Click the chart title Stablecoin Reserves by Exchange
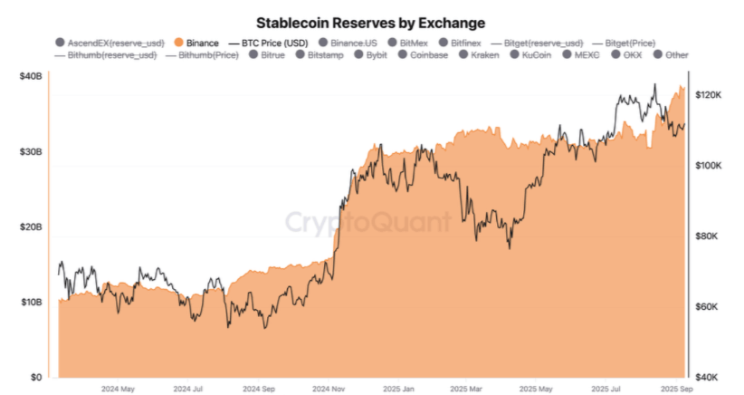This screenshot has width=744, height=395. pyautogui.click(x=371, y=21)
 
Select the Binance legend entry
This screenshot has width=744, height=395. pyautogui.click(x=196, y=43)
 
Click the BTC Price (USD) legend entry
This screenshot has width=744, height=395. pyautogui.click(x=269, y=43)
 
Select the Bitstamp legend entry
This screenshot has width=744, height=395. pyautogui.click(x=321, y=55)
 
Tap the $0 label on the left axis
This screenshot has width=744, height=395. pyautogui.click(x=36, y=376)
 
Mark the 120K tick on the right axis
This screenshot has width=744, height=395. pyautogui.click(x=707, y=94)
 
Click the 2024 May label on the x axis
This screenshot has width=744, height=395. pyautogui.click(x=118, y=390)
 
